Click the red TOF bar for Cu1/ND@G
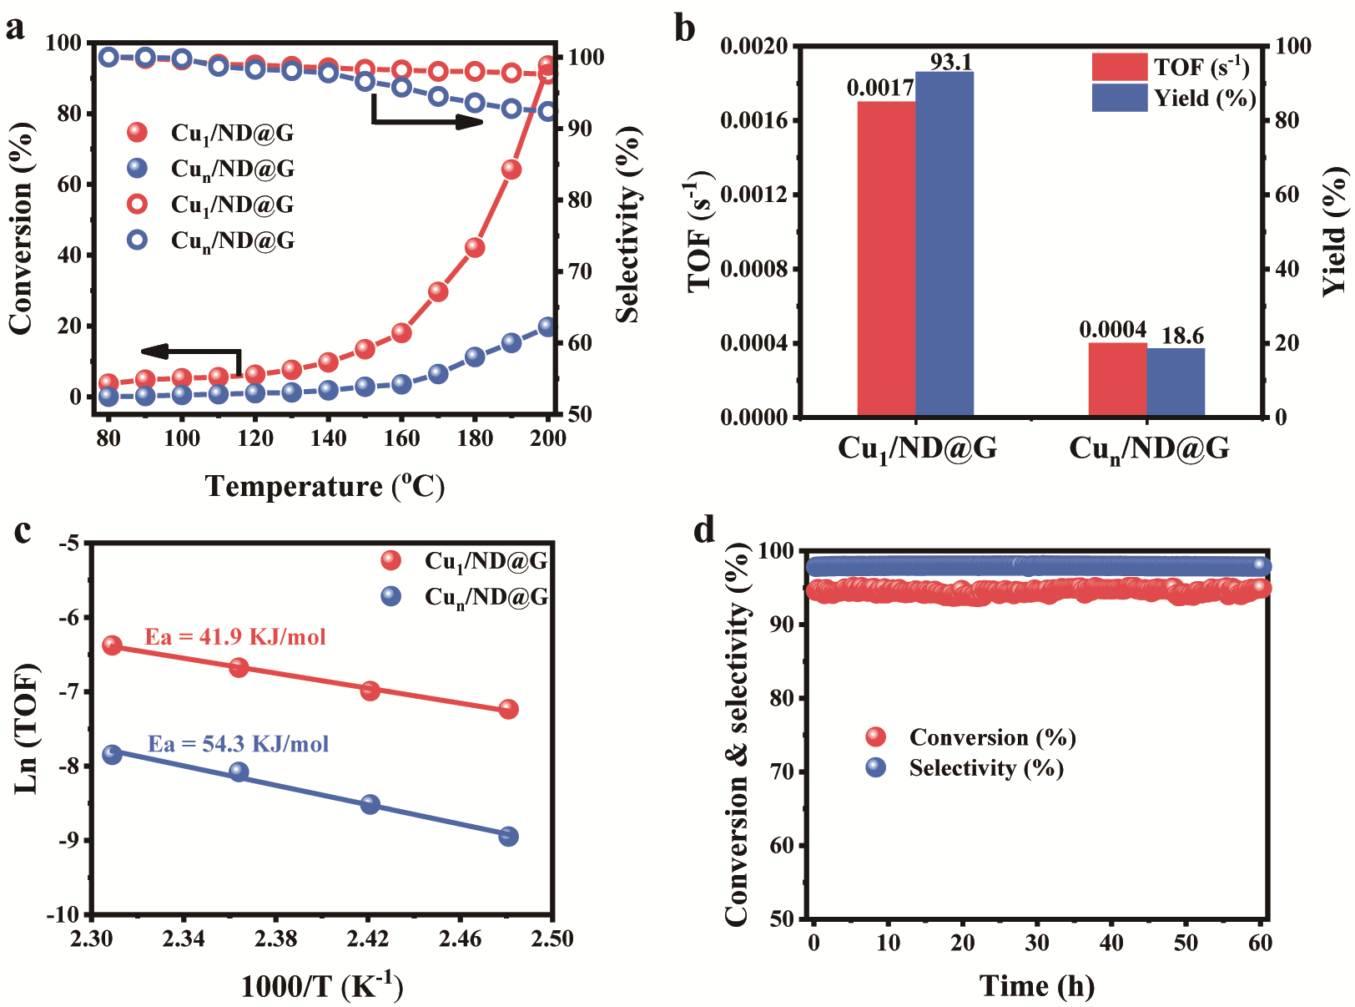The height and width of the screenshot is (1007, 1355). pyautogui.click(x=886, y=258)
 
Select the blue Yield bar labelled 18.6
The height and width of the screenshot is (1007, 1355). pyautogui.click(x=1176, y=382)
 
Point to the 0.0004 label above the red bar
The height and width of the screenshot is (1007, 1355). pyautogui.click(x=1113, y=330)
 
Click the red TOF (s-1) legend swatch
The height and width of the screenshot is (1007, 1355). pyautogui.click(x=1120, y=67)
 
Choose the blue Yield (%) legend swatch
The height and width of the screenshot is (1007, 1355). pyautogui.click(x=1120, y=98)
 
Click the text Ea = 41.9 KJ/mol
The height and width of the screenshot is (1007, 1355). pyautogui.click(x=235, y=637)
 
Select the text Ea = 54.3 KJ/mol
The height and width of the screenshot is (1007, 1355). pyautogui.click(x=239, y=744)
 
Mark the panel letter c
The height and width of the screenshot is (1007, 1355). pyautogui.click(x=23, y=531)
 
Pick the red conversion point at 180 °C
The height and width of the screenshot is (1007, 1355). pyautogui.click(x=475, y=247)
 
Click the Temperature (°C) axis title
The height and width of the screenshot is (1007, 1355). pyautogui.click(x=325, y=486)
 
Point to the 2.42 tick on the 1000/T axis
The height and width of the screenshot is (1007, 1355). pyautogui.click(x=368, y=939)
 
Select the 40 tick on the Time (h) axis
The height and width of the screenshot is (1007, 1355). pyautogui.click(x=1111, y=943)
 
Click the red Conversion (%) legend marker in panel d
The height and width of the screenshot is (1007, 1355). pyautogui.click(x=876, y=736)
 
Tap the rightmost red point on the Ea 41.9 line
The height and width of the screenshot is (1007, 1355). pyautogui.click(x=508, y=710)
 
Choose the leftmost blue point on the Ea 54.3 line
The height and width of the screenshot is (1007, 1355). pyautogui.click(x=112, y=754)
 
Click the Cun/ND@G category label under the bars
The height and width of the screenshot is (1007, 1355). pyautogui.click(x=1149, y=449)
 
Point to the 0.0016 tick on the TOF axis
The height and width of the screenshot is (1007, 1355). pyautogui.click(x=754, y=120)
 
